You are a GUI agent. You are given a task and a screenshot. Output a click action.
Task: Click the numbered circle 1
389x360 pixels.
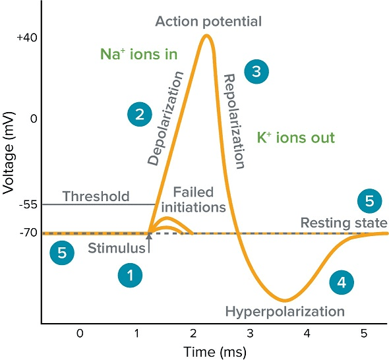131,276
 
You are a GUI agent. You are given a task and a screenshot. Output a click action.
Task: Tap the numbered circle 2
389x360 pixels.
140,115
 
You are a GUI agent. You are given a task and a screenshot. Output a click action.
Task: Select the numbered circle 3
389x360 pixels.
256,71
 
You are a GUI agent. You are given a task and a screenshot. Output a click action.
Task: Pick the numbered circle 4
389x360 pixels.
341,282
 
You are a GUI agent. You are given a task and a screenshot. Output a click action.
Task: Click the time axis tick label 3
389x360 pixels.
250,334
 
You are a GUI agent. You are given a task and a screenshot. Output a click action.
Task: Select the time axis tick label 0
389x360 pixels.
80,334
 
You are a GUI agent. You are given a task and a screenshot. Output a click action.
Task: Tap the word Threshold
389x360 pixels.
96,196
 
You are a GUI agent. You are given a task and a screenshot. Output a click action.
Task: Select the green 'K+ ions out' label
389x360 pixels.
296,138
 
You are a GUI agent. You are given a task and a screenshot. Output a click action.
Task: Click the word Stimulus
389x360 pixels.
116,249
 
